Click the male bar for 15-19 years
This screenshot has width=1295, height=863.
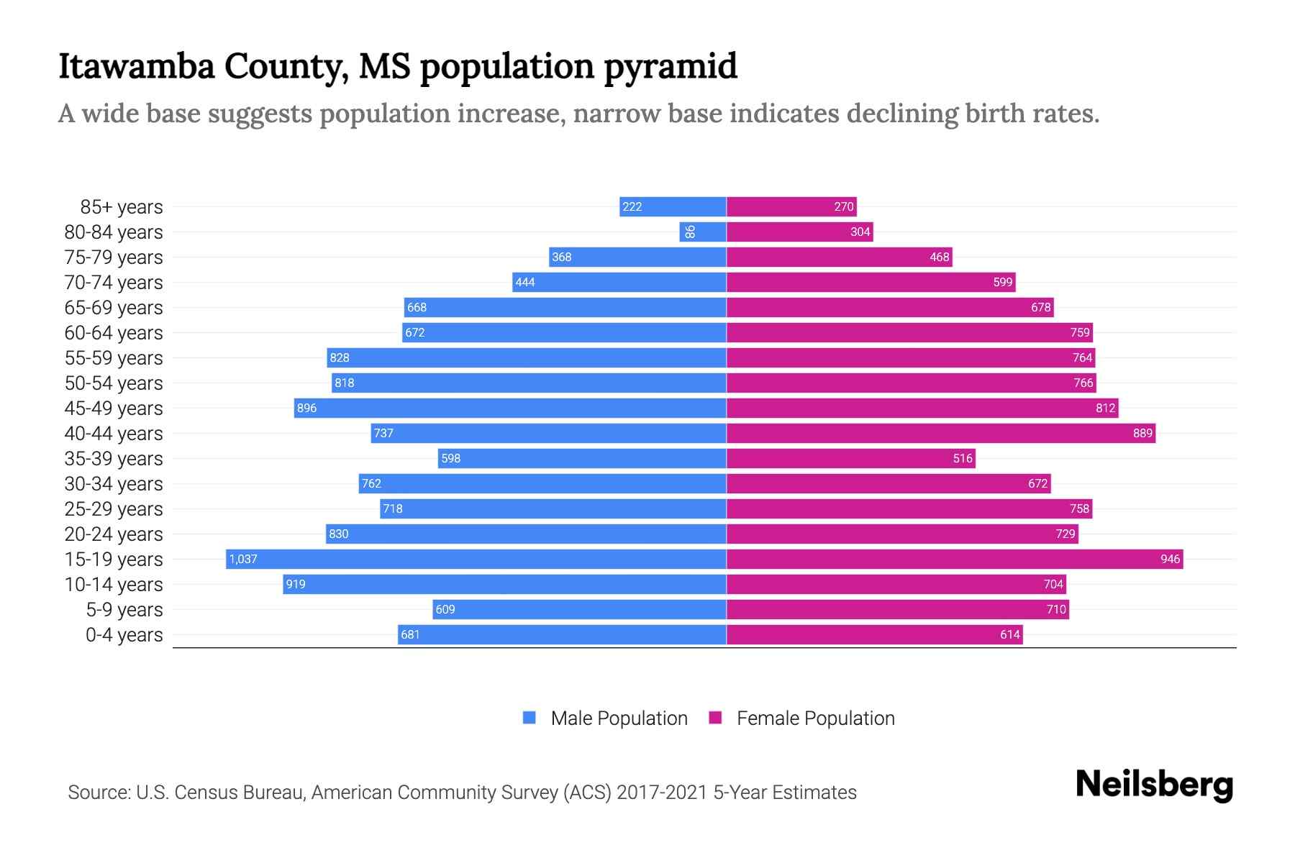pos(475,559)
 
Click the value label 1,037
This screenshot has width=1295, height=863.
pos(243,559)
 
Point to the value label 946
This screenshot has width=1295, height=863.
pos(1170,559)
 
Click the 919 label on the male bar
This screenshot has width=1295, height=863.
pos(296,584)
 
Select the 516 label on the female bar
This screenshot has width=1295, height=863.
pos(963,458)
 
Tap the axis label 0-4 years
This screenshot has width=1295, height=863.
pos(124,635)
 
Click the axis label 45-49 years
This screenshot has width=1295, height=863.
pos(114,408)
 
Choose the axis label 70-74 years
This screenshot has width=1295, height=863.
pos(114,283)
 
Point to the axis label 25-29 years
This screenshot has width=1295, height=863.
pos(114,509)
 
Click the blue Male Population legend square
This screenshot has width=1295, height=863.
pos(530,718)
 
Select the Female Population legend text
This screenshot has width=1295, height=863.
pos(815,718)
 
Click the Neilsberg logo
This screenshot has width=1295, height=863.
pos(1154,785)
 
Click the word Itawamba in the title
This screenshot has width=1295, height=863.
pos(136,66)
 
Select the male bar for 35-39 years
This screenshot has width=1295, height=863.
pos(581,458)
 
